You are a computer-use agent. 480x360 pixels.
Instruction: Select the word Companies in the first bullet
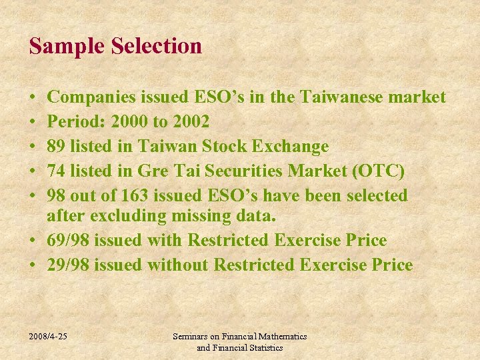[91, 98]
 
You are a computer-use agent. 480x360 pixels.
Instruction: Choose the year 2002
[191, 122]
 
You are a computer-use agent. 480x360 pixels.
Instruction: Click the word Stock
[227, 146]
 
